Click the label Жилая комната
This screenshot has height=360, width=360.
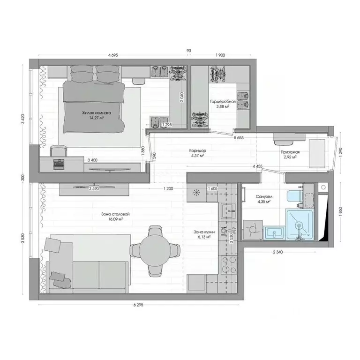click(x=96, y=113)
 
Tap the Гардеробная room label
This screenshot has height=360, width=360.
click(x=219, y=101)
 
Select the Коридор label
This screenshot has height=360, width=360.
click(x=197, y=150)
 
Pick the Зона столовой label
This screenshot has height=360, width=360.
click(x=115, y=214)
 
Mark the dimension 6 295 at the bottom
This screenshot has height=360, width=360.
click(x=138, y=305)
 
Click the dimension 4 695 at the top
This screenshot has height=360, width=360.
click(x=113, y=55)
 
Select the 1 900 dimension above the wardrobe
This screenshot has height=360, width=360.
click(x=220, y=55)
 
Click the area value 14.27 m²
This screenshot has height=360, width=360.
click(x=96, y=119)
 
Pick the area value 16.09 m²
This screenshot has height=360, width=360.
click(x=115, y=219)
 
